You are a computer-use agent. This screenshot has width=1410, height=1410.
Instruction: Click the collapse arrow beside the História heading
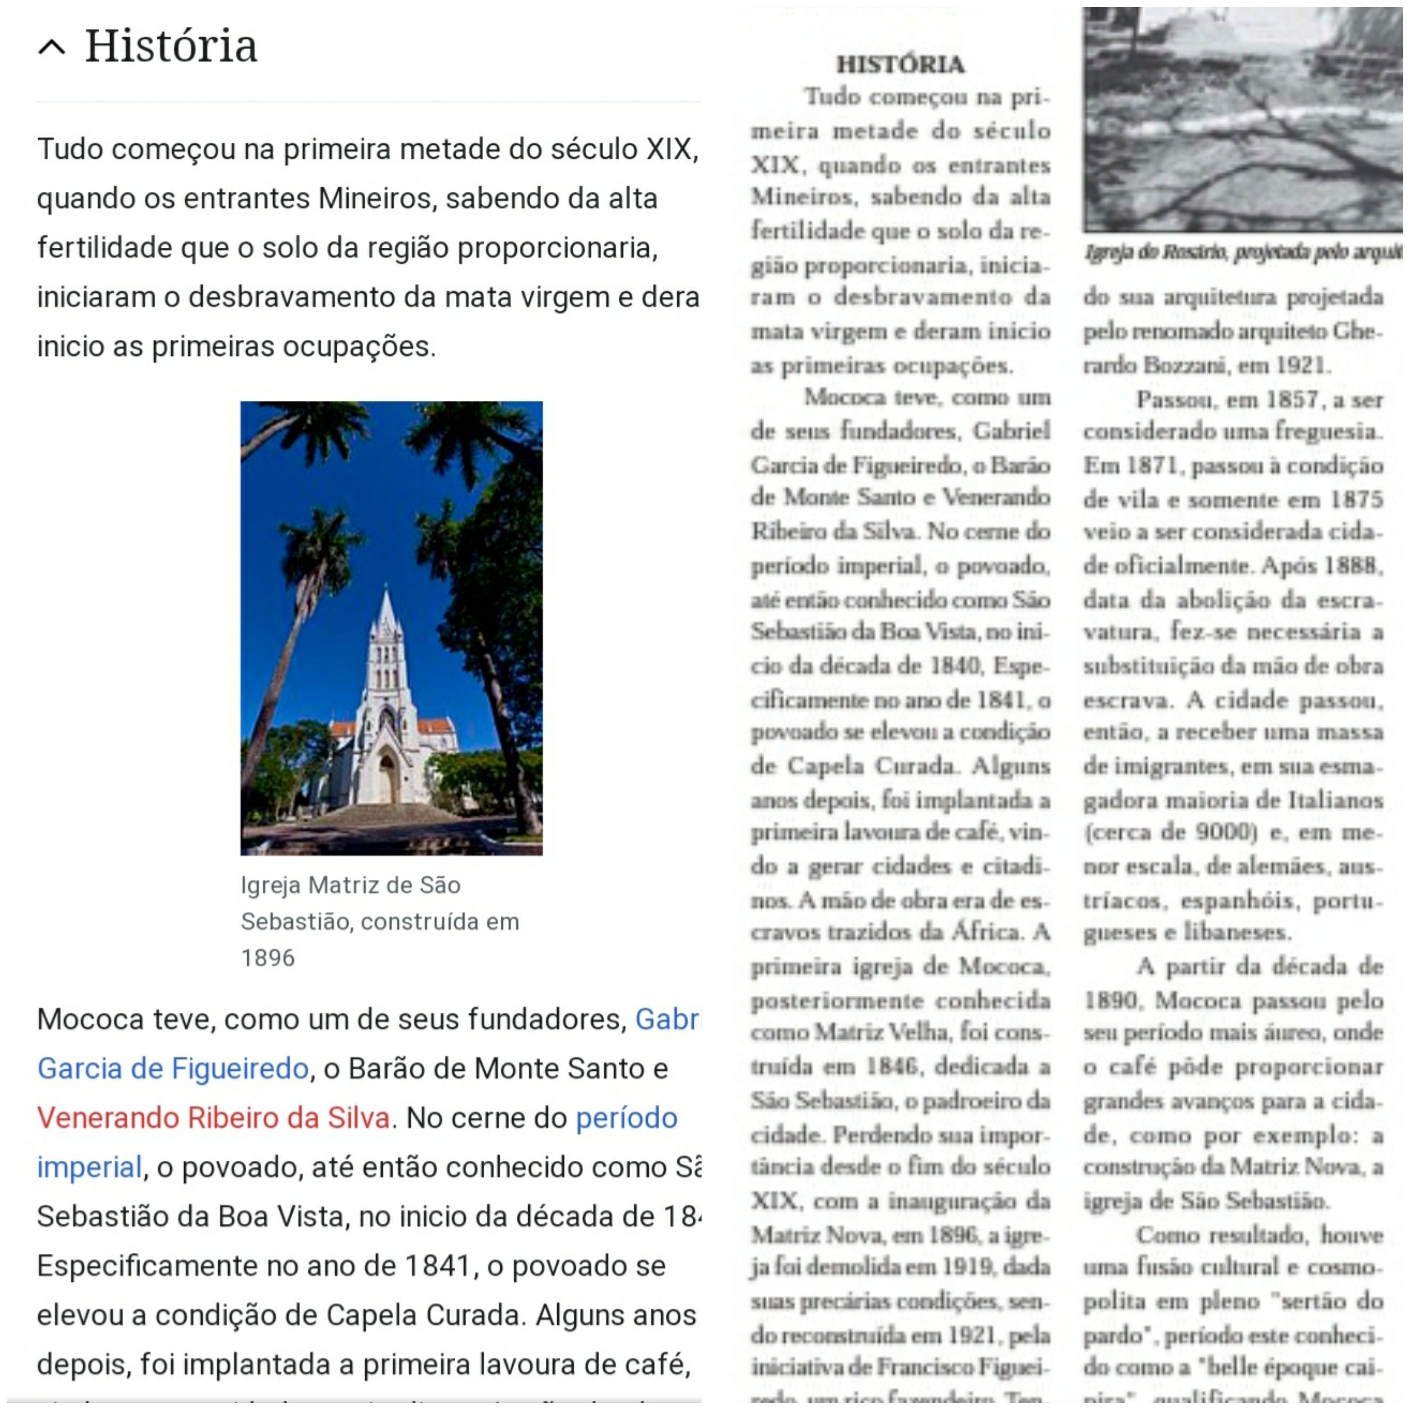(52, 47)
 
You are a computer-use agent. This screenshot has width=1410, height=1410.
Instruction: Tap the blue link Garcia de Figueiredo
(173, 1068)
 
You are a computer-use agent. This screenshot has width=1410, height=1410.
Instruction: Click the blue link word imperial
(89, 1167)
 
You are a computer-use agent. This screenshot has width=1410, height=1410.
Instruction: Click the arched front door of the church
(386, 779)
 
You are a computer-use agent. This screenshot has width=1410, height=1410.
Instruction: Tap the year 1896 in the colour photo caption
(268, 958)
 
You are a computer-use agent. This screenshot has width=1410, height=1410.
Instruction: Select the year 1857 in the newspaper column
(1292, 400)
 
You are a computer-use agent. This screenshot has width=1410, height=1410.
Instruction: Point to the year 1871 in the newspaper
(1151, 465)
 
